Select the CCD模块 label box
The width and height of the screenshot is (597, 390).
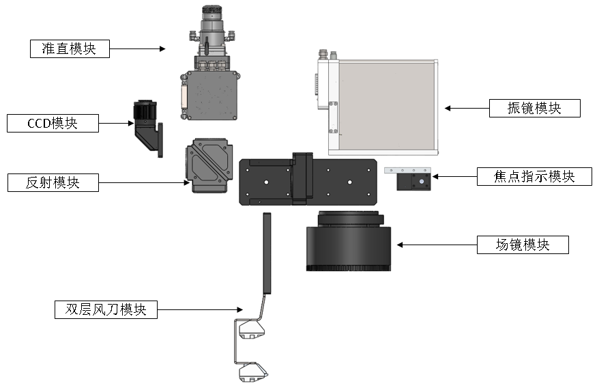coord(53,124)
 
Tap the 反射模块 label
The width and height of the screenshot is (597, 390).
coord(53,183)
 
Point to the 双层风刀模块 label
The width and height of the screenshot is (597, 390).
coord(106,309)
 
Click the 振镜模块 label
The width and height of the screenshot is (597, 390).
coord(534,108)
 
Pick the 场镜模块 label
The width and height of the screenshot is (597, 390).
coord(522,245)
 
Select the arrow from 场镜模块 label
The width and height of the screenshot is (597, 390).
coord(437,244)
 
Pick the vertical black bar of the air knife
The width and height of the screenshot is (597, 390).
coord(267,253)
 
